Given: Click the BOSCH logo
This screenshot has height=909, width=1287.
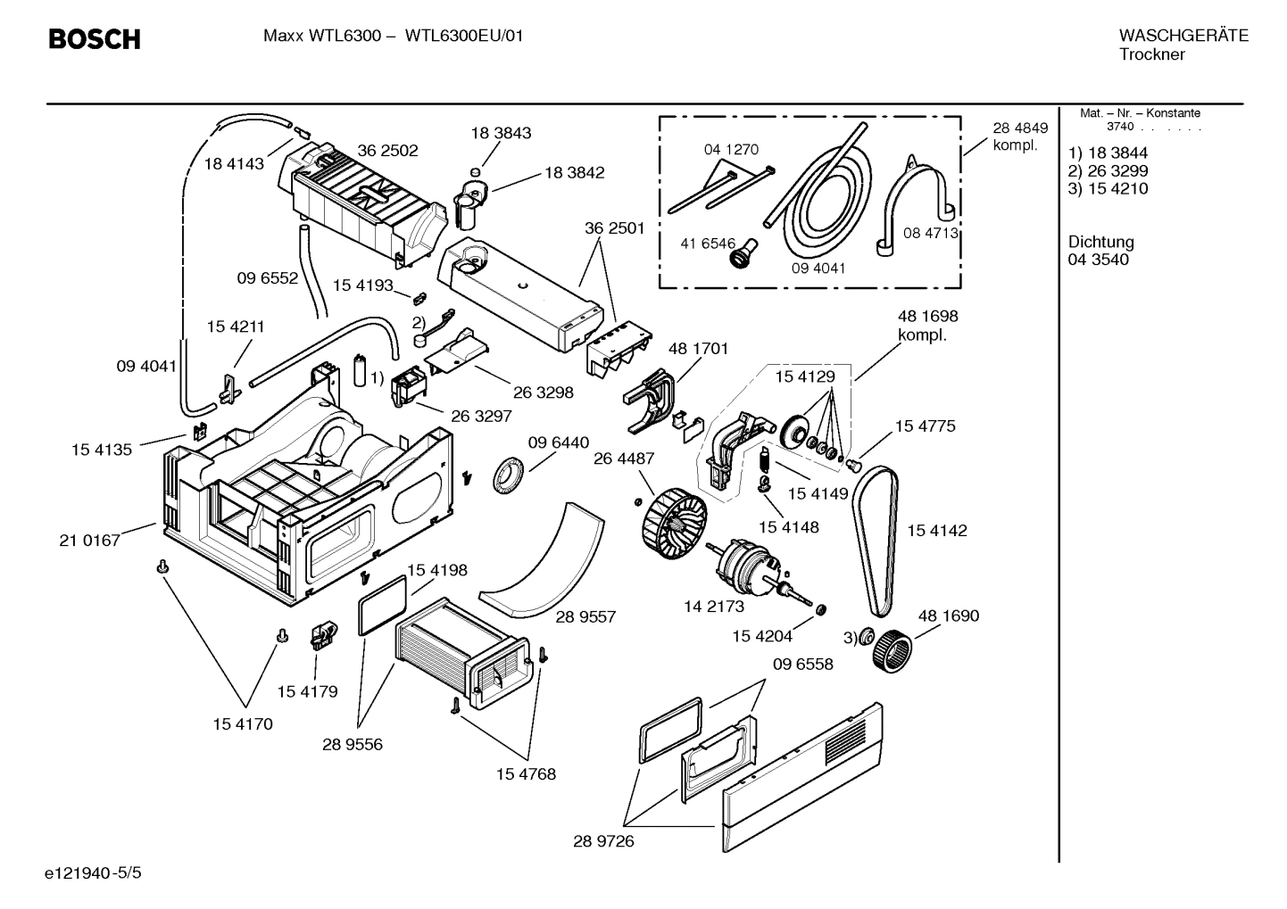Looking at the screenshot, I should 94,39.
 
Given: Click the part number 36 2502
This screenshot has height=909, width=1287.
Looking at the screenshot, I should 387,151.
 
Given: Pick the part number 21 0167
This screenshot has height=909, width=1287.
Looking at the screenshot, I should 89,540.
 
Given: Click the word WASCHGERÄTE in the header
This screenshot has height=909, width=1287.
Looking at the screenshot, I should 1183,36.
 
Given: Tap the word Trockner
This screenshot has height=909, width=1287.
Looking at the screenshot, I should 1151,54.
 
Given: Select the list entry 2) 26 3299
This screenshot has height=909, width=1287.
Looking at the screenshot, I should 1108,170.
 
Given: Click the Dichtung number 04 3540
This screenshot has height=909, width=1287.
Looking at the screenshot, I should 1098,260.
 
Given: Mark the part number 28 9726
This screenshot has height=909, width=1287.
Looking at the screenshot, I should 603,841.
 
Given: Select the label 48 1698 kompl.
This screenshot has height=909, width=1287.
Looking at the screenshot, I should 927,326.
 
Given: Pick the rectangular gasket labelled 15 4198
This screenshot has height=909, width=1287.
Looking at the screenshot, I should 383,603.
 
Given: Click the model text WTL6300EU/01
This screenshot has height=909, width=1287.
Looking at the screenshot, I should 464,37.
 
